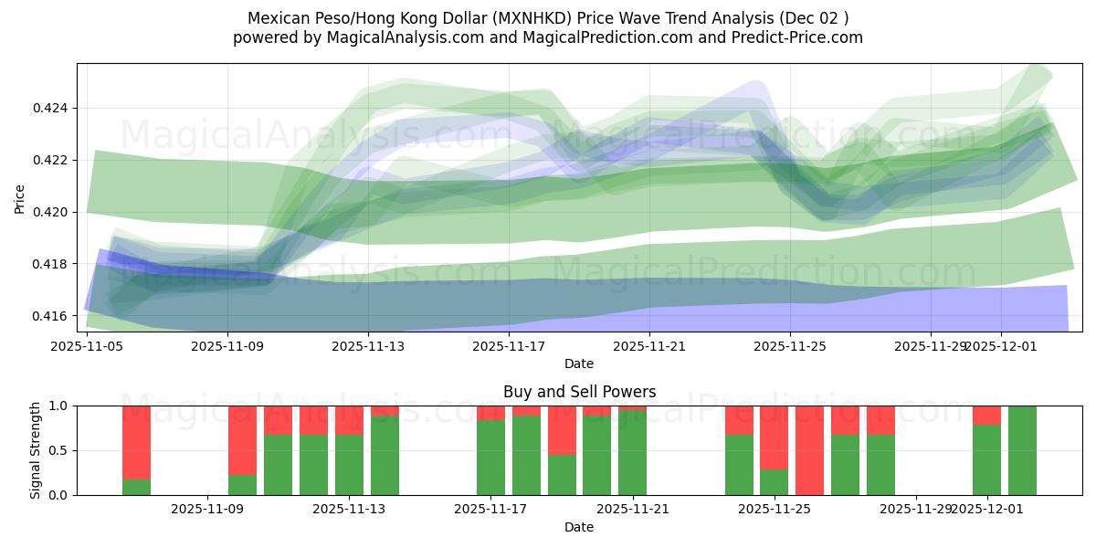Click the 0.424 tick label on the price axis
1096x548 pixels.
pyautogui.click(x=51, y=109)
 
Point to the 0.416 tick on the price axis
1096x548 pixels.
pyautogui.click(x=51, y=316)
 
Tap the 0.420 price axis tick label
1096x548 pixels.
pyautogui.click(x=51, y=212)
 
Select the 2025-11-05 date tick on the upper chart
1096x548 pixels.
pyautogui.click(x=87, y=346)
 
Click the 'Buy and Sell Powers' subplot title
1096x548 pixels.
pyautogui.click(x=579, y=392)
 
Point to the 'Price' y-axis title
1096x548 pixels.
pyautogui.click(x=21, y=197)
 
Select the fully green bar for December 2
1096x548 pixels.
pyautogui.click(x=1022, y=450)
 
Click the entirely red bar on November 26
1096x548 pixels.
pyautogui.click(x=809, y=450)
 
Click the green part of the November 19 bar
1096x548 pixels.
pyautogui.click(x=562, y=475)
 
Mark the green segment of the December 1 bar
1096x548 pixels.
pyautogui.click(x=986, y=460)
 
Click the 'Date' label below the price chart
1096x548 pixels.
pyautogui.click(x=579, y=364)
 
